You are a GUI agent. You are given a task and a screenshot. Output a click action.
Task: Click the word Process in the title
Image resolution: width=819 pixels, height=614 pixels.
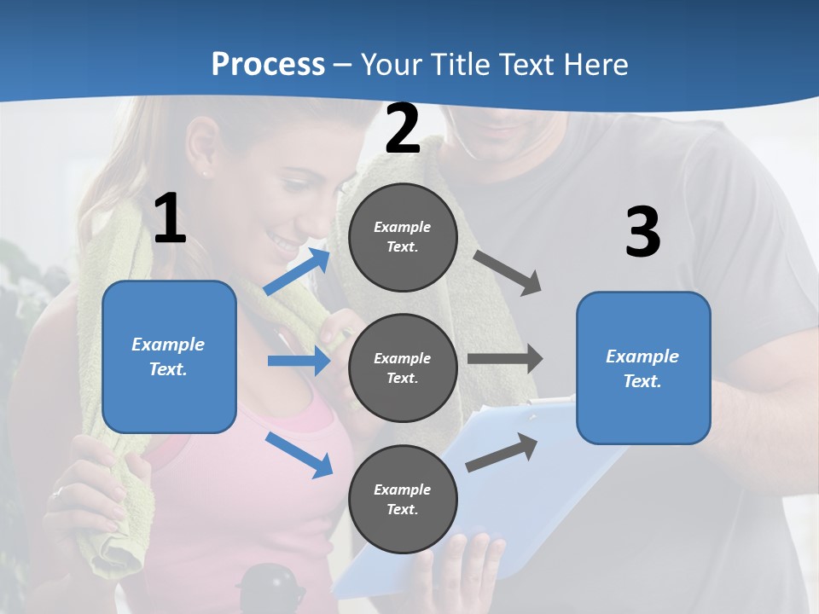pyautogui.click(x=268, y=64)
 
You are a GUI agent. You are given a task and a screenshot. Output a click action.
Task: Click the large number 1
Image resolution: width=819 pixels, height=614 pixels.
pyautogui.click(x=170, y=219)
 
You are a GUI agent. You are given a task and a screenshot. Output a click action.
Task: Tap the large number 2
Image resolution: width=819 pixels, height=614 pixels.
pyautogui.click(x=403, y=129)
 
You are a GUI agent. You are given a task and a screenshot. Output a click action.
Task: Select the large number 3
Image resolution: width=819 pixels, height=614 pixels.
pyautogui.click(x=642, y=232)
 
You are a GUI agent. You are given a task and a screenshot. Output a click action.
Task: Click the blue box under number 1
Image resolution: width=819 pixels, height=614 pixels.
pyautogui.click(x=169, y=356)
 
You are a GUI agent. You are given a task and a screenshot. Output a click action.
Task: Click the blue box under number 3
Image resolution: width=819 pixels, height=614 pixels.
pyautogui.click(x=643, y=368)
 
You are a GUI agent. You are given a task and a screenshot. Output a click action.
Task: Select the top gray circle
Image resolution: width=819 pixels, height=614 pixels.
pyautogui.click(x=403, y=237)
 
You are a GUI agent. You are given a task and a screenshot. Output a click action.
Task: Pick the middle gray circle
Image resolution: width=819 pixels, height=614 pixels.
pyautogui.click(x=403, y=368)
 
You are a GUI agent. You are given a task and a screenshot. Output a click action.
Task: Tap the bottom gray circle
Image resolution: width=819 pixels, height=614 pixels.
pyautogui.click(x=403, y=499)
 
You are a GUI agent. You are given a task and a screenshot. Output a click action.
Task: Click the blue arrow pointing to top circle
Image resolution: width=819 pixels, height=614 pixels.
pyautogui.click(x=297, y=271)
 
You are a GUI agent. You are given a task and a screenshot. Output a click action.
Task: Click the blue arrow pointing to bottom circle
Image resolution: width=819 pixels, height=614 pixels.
pyautogui.click(x=299, y=455)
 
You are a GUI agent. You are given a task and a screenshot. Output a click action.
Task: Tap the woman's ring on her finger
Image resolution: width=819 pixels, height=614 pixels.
pyautogui.click(x=57, y=492)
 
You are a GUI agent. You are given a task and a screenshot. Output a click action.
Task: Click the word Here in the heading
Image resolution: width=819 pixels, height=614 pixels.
pyautogui.click(x=595, y=64)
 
